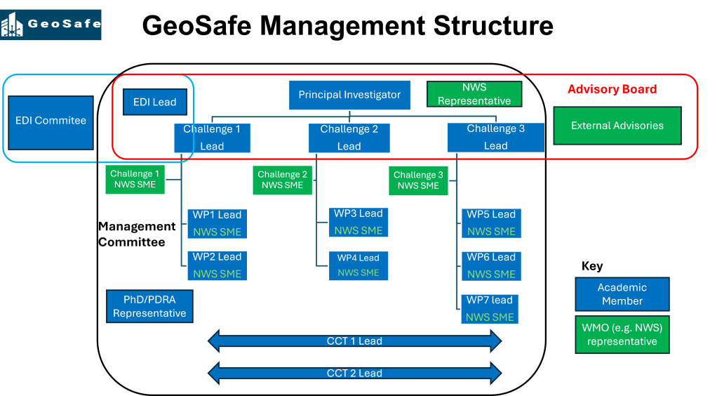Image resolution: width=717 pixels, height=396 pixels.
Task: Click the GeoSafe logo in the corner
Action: point(51,25)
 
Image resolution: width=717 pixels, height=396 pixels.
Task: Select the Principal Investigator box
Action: point(349,95)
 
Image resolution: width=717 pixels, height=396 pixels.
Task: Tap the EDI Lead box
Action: point(154,102)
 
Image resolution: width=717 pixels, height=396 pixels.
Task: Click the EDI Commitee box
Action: point(51,121)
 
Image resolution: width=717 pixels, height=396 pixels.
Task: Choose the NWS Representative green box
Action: point(474,94)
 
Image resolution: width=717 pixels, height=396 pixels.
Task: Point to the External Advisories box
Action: point(617,126)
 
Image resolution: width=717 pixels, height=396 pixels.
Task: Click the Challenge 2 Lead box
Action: point(349,138)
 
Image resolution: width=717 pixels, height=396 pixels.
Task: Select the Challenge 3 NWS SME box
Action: point(418,180)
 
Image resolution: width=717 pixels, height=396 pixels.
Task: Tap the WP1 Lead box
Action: point(217,223)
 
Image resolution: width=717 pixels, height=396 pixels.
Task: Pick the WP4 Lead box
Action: point(358,265)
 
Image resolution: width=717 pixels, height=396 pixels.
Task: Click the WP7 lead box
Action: point(490,308)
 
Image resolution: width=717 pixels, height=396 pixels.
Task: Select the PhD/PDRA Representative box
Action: point(149,307)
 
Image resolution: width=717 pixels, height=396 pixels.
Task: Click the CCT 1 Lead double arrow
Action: point(355,341)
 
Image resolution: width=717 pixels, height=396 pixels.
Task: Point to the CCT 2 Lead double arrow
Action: point(355,373)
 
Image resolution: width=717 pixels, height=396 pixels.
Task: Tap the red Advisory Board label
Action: point(612,89)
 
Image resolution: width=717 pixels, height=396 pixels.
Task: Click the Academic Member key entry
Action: point(622,294)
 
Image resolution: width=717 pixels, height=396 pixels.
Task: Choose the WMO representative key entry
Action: point(622,335)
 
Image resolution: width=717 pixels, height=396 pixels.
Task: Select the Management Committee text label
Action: point(137,235)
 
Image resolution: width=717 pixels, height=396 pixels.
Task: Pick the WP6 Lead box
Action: point(490,265)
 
